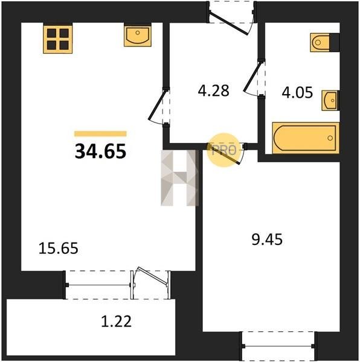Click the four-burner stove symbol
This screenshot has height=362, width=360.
point(57,39)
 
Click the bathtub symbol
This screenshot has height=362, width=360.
point(306,138)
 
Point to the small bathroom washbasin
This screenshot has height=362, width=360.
point(330,100)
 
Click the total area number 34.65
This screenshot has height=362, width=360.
point(100,151)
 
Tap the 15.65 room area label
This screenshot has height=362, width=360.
point(59,249)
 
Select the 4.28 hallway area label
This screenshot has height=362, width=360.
point(213,91)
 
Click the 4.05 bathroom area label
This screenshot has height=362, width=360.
point(297,92)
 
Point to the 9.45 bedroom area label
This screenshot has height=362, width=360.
point(267,239)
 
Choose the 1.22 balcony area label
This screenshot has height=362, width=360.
point(117,321)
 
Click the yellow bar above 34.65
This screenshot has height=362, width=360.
point(100,134)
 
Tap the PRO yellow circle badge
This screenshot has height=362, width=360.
point(223,150)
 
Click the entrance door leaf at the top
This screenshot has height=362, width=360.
point(229,24)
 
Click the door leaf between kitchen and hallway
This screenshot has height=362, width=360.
point(158,105)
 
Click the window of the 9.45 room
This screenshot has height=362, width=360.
point(278,346)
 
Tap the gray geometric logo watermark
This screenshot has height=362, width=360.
point(180,178)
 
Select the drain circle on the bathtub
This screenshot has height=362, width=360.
point(330,138)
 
